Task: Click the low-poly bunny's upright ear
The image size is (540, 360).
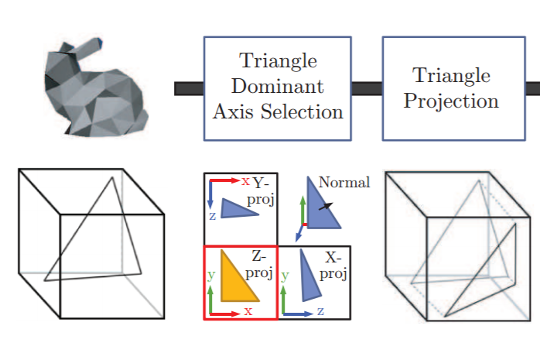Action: click(85, 47)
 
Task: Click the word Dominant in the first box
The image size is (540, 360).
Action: click(278, 86)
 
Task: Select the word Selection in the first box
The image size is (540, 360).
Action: click(302, 111)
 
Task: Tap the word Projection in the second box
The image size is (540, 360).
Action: click(451, 102)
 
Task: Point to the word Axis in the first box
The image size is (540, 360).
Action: click(234, 111)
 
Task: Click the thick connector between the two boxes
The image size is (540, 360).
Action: click(367, 88)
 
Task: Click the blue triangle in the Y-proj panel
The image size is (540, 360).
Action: click(238, 209)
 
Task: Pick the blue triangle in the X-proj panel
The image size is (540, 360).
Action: click(309, 276)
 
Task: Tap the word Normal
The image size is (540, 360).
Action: click(344, 182)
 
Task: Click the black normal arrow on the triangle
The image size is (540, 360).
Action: click(326, 207)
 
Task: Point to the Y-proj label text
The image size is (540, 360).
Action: click(261, 191)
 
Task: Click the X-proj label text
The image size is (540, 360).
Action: click(333, 266)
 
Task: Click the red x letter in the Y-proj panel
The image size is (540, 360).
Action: click(245, 181)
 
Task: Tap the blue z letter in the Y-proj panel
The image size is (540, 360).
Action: click(213, 216)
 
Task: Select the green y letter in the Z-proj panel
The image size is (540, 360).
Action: click(211, 276)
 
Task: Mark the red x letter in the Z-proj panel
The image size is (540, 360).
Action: click(248, 311)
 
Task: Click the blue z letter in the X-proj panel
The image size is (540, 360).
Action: click(320, 311)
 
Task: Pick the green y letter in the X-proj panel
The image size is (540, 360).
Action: click(285, 276)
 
